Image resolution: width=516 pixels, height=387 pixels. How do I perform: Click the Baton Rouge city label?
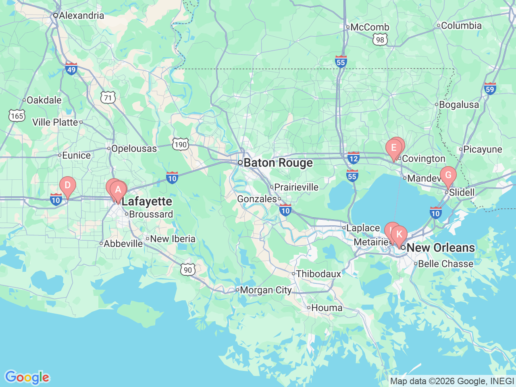click(x=278, y=163)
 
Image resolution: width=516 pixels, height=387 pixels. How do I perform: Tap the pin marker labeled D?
click(x=68, y=186)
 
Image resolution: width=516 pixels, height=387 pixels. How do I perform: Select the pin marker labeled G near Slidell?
click(x=448, y=176)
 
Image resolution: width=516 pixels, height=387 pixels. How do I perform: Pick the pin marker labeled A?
click(x=118, y=190)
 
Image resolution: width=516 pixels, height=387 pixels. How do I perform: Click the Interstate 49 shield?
click(x=71, y=69)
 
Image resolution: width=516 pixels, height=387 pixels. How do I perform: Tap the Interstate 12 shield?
click(x=353, y=158)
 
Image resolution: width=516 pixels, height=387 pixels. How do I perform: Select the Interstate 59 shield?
click(x=490, y=89)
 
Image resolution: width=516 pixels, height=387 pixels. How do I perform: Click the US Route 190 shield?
click(x=180, y=144)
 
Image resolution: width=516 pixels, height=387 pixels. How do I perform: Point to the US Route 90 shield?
click(x=188, y=270)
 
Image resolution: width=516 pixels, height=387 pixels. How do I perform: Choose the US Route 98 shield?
click(x=380, y=40)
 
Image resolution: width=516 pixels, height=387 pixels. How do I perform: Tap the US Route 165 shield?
click(x=17, y=116)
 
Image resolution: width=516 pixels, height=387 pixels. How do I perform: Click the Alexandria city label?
click(x=81, y=16)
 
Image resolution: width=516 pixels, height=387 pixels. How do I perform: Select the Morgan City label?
click(x=266, y=290)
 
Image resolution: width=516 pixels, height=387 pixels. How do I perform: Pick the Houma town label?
click(x=327, y=308)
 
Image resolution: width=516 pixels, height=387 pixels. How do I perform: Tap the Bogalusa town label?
click(x=459, y=105)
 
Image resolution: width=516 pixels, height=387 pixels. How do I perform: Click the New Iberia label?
click(x=173, y=239)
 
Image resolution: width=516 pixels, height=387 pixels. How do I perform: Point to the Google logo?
click(x=27, y=377)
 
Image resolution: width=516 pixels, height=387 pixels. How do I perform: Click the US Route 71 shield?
click(x=108, y=98)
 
